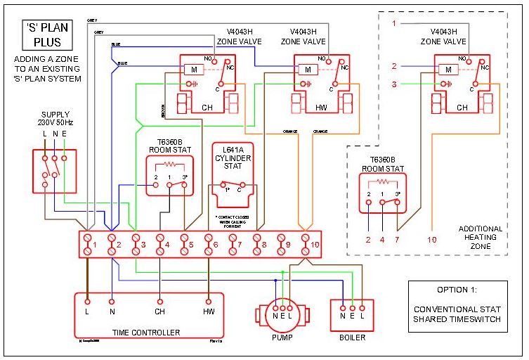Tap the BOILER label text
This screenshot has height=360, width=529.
pos(352,337)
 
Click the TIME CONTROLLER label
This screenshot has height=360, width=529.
pos(145,333)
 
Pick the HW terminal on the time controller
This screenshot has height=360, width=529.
pos(209,311)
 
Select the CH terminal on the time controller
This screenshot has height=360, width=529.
pos(159,311)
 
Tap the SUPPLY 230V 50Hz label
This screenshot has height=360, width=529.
pos(55,118)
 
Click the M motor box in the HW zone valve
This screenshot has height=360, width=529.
pos(306,69)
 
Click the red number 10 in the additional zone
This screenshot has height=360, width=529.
pos(431,240)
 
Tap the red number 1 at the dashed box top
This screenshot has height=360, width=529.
pos(394,24)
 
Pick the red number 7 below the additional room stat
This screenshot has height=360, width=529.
pos(398,240)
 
